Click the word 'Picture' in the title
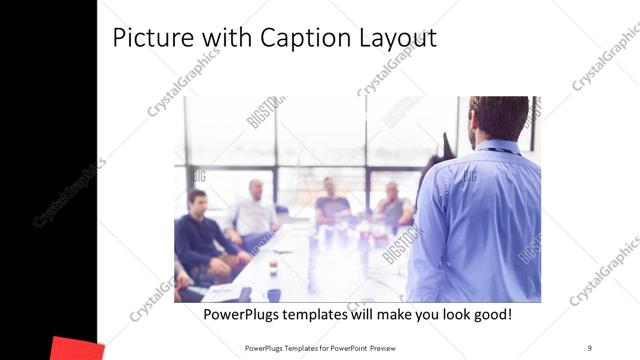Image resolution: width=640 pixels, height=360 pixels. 149,38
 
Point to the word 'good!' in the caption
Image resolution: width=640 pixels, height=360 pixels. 487,314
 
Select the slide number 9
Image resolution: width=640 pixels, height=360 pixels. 589,347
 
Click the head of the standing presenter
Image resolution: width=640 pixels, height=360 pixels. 497,119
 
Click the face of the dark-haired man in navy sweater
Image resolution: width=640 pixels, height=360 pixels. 198,201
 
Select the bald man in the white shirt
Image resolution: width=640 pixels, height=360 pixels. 255,210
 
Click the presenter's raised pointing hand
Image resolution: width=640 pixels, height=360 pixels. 445,150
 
